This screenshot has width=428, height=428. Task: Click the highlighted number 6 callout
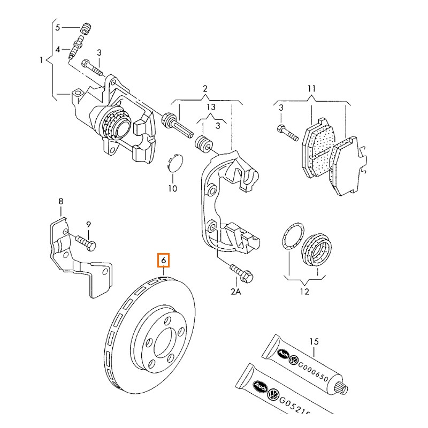[x=164, y=261]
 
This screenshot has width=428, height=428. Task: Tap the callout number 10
[x=172, y=188]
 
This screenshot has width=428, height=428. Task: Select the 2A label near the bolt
[x=236, y=292]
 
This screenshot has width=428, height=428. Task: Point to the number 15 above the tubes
[x=314, y=341]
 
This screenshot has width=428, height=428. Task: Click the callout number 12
[x=304, y=292]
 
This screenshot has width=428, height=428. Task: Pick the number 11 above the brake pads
[x=312, y=88]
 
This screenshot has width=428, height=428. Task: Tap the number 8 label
[x=60, y=201]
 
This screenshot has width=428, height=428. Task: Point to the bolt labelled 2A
[x=240, y=272]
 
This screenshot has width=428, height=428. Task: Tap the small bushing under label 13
[x=203, y=144]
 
